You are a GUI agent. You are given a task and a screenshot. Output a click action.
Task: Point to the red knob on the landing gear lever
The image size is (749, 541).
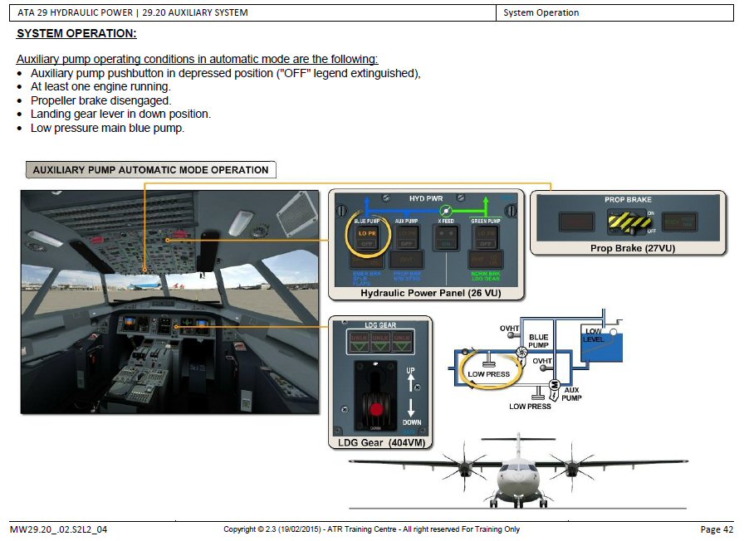376,408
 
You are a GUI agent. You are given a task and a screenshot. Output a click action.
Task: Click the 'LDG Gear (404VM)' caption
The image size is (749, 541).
381,442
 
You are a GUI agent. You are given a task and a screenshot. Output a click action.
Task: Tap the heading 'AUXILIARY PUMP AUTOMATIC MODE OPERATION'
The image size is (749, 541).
150,170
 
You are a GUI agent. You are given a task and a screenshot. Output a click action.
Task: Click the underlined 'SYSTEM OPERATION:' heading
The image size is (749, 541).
76,33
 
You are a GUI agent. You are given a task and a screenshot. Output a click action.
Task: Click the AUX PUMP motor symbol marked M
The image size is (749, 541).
553,387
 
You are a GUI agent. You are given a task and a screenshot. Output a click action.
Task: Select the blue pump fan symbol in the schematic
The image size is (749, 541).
522,352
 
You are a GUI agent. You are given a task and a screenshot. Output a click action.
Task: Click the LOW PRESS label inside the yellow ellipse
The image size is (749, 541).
488,374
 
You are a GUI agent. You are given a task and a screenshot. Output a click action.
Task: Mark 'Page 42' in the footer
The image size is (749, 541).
716,529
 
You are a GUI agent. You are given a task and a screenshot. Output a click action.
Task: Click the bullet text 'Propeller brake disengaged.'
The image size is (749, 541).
100,100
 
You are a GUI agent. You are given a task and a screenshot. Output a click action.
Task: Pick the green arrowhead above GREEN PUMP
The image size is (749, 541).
487,202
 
